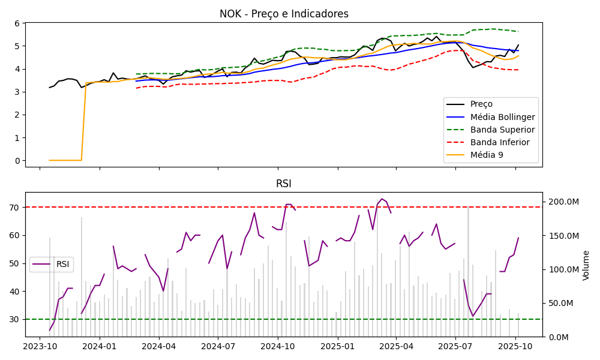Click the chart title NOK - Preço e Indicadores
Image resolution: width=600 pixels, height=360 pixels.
[284, 14]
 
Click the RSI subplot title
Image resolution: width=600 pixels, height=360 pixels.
[284, 184]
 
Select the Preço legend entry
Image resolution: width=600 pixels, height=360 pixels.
[481, 104]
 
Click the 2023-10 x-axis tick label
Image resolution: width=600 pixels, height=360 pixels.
[40, 346]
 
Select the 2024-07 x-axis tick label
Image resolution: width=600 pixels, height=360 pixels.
[218, 346]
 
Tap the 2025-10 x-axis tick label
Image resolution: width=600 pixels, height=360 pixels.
[515, 346]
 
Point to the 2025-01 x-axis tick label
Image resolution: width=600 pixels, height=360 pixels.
[337, 346]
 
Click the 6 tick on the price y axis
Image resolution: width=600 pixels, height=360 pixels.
[17, 23]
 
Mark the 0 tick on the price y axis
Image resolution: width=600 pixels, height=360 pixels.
[17, 161]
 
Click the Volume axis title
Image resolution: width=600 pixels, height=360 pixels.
[586, 265]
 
